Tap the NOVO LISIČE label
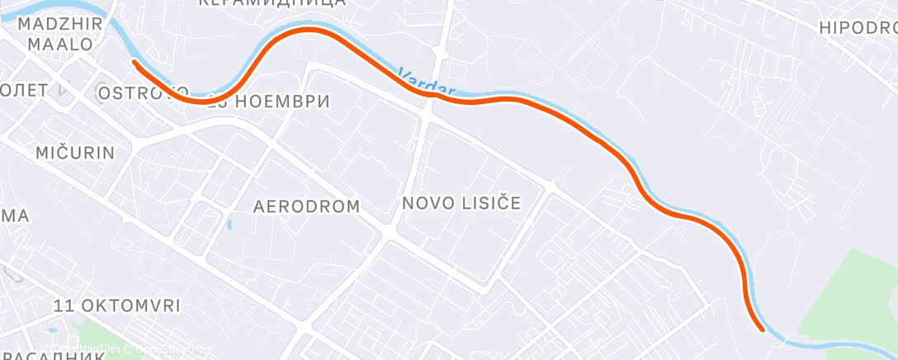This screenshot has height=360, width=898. click(461, 203)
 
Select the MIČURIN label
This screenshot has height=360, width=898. click(74, 153)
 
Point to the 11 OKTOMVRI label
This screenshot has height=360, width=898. click(116, 306)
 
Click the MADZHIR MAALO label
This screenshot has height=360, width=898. click(62, 34)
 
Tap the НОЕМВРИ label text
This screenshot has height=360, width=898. click(283, 102)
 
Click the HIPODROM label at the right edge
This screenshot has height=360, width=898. click(858, 27)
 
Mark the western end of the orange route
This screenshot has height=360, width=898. click(134, 61)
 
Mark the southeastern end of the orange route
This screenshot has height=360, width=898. click(761, 329)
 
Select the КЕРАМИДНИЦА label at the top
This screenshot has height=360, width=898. click(272, 3)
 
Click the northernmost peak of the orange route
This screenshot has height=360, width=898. click(310, 30)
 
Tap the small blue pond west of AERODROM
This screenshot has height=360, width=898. click(229, 224)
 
